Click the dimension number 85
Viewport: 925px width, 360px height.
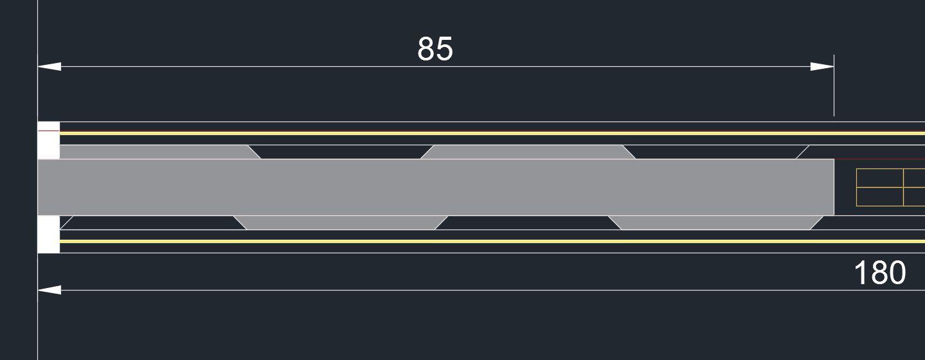(435, 49)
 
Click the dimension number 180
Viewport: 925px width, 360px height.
(879, 273)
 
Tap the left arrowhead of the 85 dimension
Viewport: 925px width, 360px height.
(49, 66)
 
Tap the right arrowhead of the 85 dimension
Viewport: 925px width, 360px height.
(822, 66)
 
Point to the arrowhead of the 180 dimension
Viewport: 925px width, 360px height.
(49, 290)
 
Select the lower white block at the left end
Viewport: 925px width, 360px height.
(49, 235)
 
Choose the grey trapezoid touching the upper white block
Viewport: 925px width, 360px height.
(154, 152)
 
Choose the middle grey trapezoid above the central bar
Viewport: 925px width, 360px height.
(527, 152)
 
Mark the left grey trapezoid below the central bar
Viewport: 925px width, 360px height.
(341, 222)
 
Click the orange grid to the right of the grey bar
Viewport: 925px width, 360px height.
(890, 187)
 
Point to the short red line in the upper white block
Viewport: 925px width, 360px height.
(49, 130)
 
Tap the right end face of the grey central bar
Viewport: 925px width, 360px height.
(833, 187)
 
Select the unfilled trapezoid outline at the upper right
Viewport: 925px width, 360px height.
(861, 152)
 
